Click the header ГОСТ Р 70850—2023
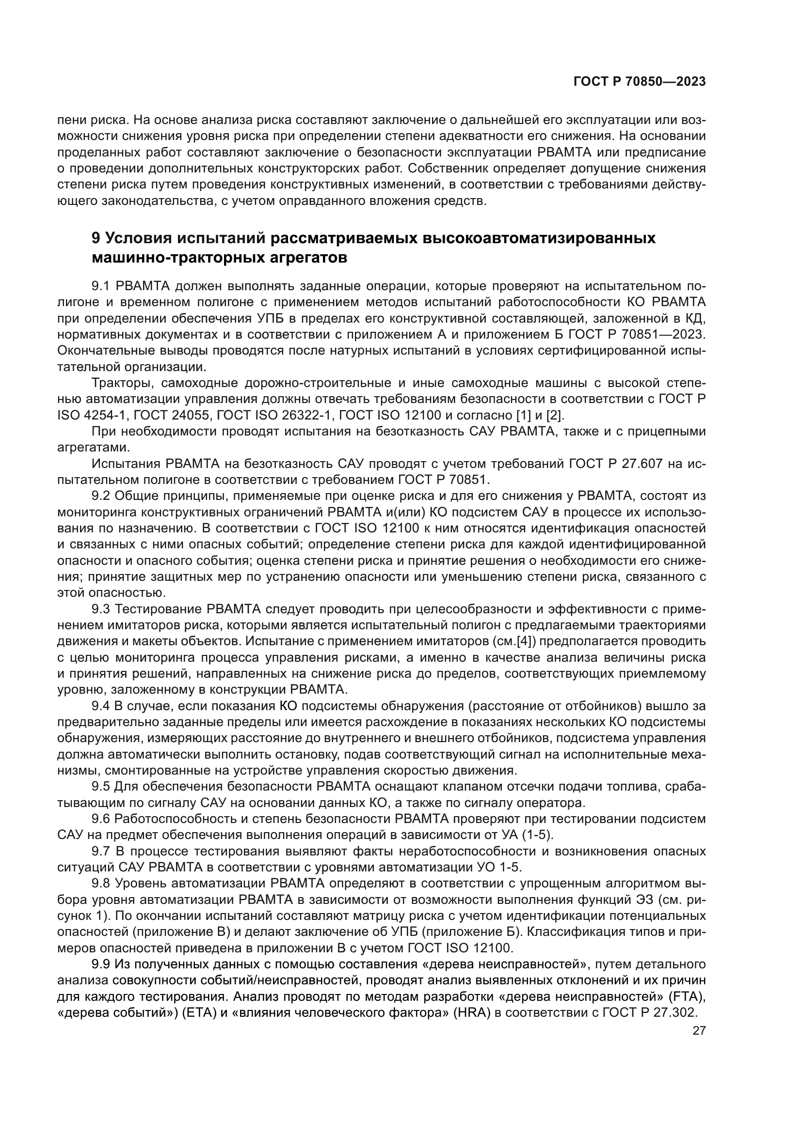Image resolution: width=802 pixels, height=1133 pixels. coord(639,82)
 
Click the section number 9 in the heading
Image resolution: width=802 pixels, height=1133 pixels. coord(96,238)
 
